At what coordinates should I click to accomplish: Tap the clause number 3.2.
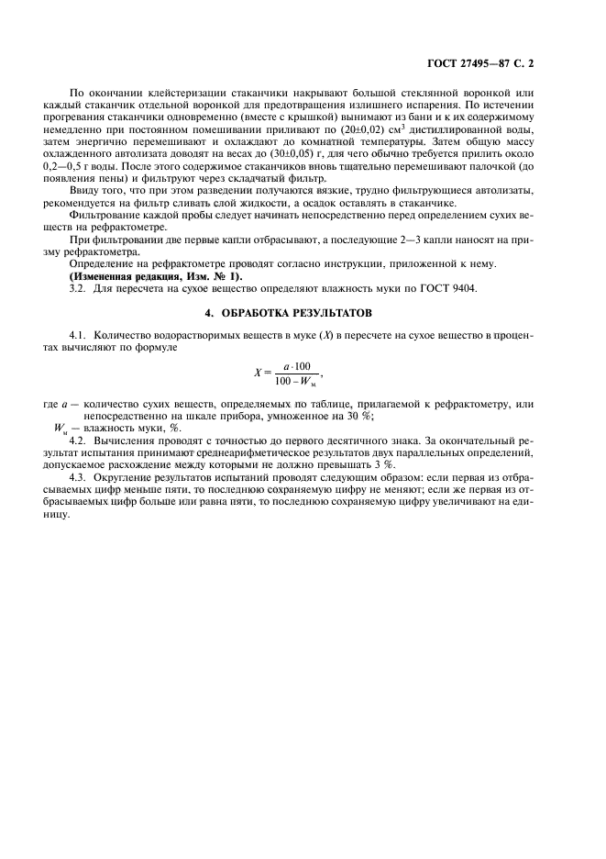[x=80, y=288]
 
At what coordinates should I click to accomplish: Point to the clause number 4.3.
[x=80, y=478]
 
